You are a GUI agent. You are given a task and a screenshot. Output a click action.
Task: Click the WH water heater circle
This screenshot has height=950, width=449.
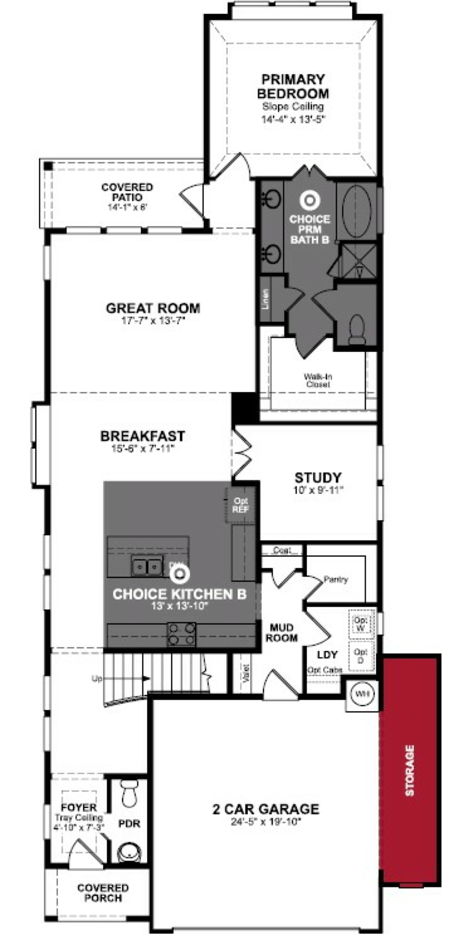(362, 694)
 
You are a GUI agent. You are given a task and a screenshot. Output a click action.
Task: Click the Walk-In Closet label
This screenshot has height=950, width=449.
(318, 380)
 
